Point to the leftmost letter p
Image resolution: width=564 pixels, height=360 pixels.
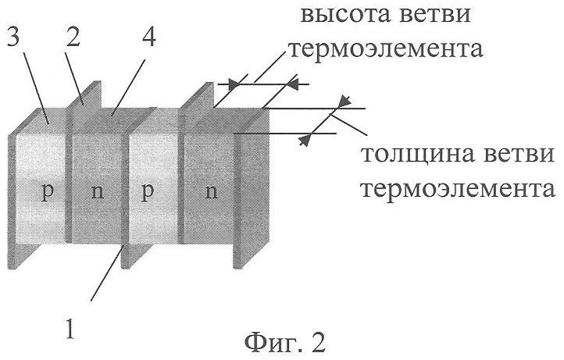tap(48, 192)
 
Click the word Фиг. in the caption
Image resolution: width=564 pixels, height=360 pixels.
tap(268, 341)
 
